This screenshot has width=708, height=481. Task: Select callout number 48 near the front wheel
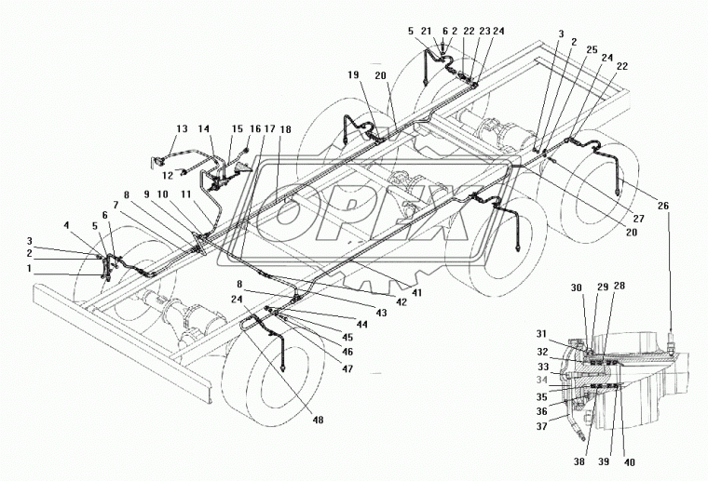point(318,421)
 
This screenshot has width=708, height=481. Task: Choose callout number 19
point(353,73)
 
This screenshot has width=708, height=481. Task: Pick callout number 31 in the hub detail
point(540,335)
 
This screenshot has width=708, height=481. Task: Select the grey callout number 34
point(540,380)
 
